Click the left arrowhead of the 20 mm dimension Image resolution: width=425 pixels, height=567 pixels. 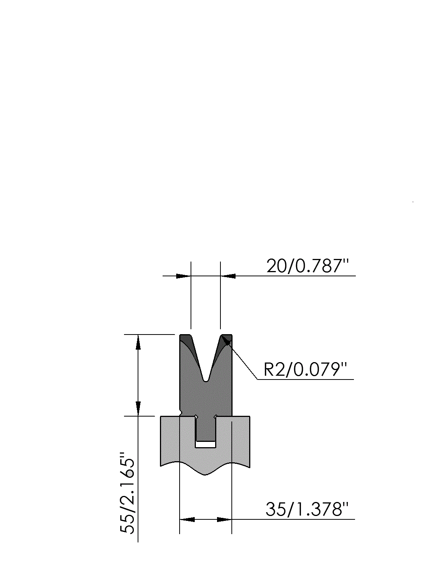(183, 276)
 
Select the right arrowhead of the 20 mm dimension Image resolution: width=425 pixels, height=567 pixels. (228, 276)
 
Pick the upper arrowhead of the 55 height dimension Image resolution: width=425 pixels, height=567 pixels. (138, 342)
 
